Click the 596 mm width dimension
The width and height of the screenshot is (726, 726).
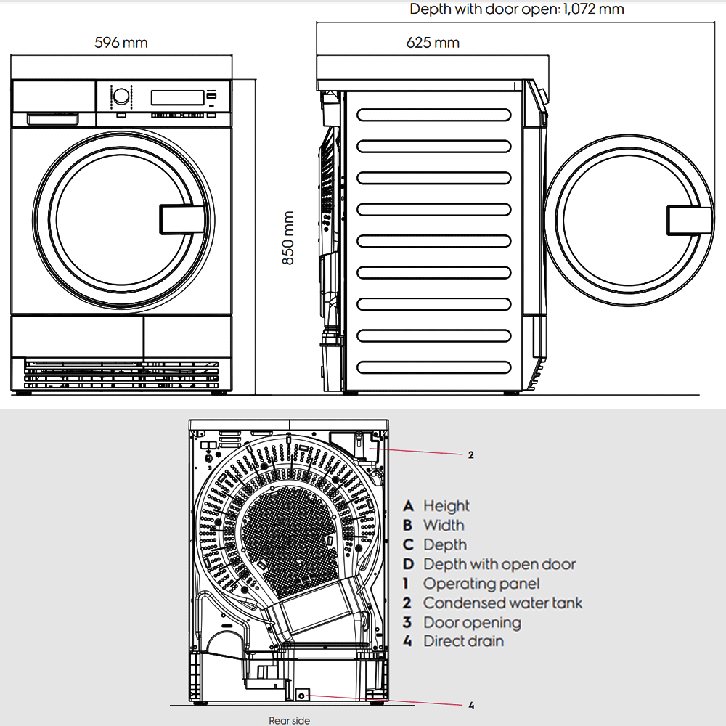click(x=121, y=43)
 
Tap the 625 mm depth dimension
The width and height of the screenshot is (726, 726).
click(x=433, y=43)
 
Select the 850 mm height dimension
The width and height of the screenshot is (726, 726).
click(x=288, y=238)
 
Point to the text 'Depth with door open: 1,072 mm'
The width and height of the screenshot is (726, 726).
click(x=517, y=9)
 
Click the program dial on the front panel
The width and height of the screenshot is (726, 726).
click(x=121, y=97)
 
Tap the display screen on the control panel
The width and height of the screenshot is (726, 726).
click(x=177, y=97)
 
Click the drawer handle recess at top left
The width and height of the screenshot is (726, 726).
click(x=52, y=118)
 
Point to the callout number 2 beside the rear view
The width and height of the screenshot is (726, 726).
click(x=470, y=455)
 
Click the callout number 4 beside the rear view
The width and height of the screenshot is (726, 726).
click(x=471, y=704)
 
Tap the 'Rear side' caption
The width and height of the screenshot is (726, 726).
click(x=289, y=720)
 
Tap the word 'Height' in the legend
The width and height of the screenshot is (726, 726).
click(x=446, y=506)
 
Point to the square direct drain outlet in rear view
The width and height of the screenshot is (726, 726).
click(x=303, y=695)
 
